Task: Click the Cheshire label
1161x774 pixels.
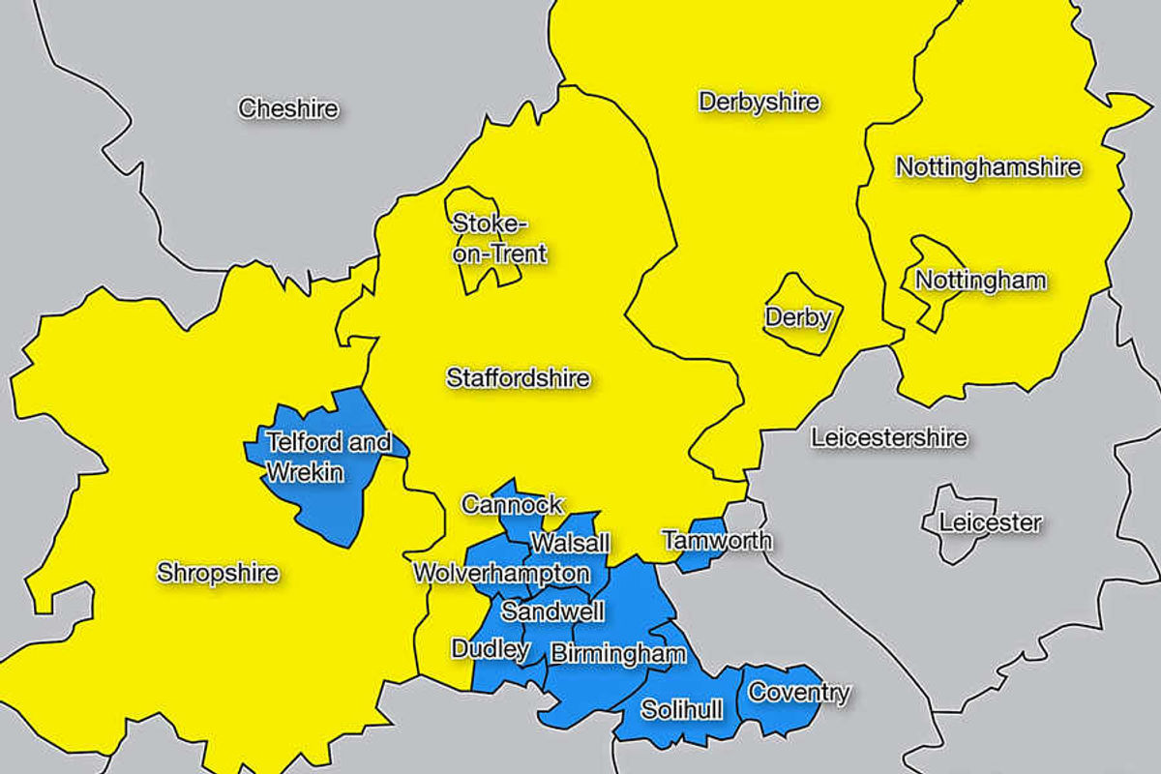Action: pos(288,108)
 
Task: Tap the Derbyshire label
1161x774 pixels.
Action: pos(759,102)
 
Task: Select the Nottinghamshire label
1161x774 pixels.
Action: pos(988,166)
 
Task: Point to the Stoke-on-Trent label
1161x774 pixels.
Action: pos(499,239)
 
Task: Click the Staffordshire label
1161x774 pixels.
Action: pos(518,377)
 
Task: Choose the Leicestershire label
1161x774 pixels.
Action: pos(888,437)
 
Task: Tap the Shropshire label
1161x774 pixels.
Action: pos(218,573)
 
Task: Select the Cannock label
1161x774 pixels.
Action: pos(512,504)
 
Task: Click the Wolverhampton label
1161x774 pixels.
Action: pos(500,573)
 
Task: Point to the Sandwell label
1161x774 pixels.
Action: pos(552,611)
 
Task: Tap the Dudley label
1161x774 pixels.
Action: pos(490,648)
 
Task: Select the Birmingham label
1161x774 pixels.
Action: pos(617,655)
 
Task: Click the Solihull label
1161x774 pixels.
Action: pos(681,711)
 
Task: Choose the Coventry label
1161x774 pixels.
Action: pos(798,693)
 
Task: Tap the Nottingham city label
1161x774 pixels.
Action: pos(980,281)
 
